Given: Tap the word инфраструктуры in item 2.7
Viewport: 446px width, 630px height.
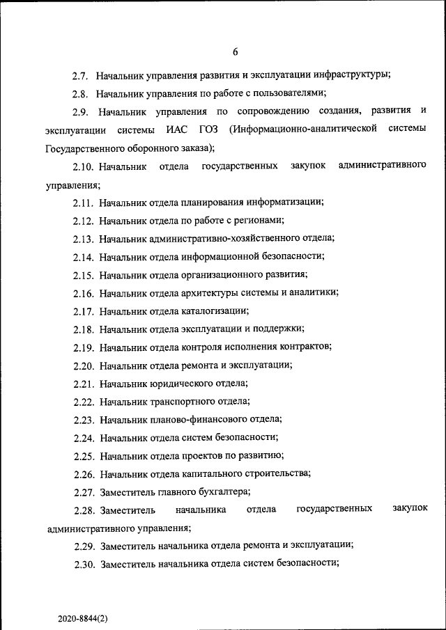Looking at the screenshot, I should tap(353, 74).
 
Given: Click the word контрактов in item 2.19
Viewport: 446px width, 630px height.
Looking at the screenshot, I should tap(305, 347).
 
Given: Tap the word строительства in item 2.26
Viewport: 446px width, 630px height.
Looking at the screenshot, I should tap(275, 474).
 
